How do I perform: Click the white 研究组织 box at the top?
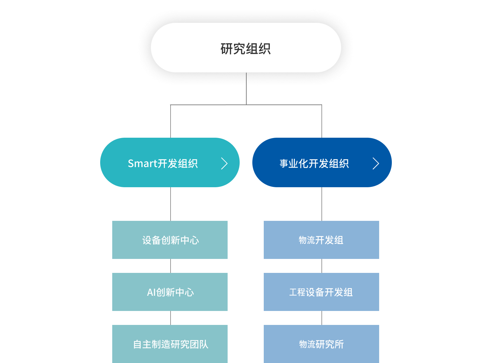click(x=246, y=48)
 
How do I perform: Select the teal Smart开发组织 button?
click(x=170, y=162)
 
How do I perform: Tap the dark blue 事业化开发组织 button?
click(x=322, y=162)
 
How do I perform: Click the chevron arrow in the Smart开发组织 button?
click(x=224, y=163)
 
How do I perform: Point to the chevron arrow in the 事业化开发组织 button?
click(x=376, y=163)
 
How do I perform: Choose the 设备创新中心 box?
click(x=170, y=240)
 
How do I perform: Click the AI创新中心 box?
click(x=170, y=292)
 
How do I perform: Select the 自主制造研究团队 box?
click(x=170, y=344)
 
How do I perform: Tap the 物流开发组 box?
click(x=321, y=240)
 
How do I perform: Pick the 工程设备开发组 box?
click(x=321, y=292)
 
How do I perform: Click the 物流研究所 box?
click(x=321, y=344)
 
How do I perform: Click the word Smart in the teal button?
click(x=142, y=163)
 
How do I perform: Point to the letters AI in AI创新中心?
click(x=151, y=292)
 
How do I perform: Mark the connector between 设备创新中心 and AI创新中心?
click(x=171, y=266)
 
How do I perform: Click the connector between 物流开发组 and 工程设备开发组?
click(x=322, y=266)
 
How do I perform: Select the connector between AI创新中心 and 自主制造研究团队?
click(x=171, y=318)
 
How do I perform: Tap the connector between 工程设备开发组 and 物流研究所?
click(x=322, y=318)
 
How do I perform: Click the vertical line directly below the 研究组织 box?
click(x=246, y=89)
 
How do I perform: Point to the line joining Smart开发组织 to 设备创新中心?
click(x=171, y=204)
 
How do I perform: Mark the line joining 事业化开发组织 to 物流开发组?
click(x=322, y=204)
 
